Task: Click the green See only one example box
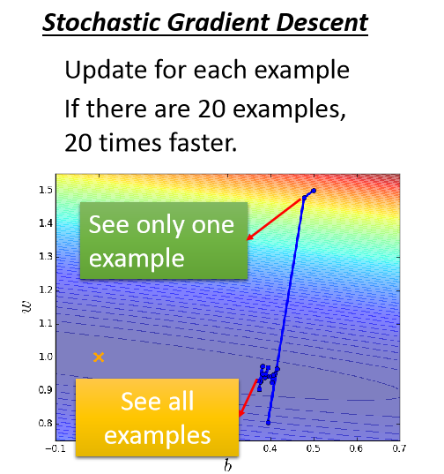coord(162,240)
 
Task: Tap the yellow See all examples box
coord(158,418)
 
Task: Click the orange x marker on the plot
coord(99,357)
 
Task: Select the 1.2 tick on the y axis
coord(44,290)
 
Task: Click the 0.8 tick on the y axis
coord(44,424)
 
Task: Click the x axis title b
coord(226,465)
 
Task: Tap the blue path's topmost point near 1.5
coord(313,191)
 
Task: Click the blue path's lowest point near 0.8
coord(269,423)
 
